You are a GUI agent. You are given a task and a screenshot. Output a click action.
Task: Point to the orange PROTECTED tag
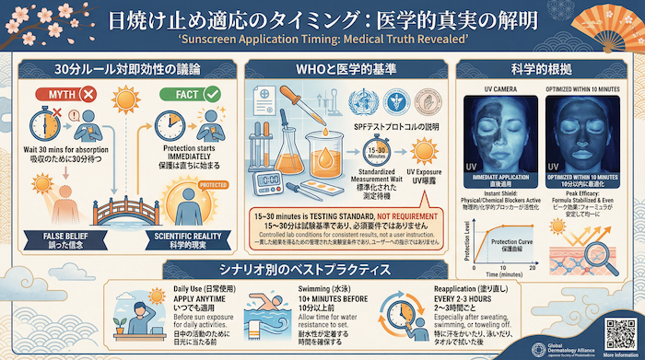tap(215, 185)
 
